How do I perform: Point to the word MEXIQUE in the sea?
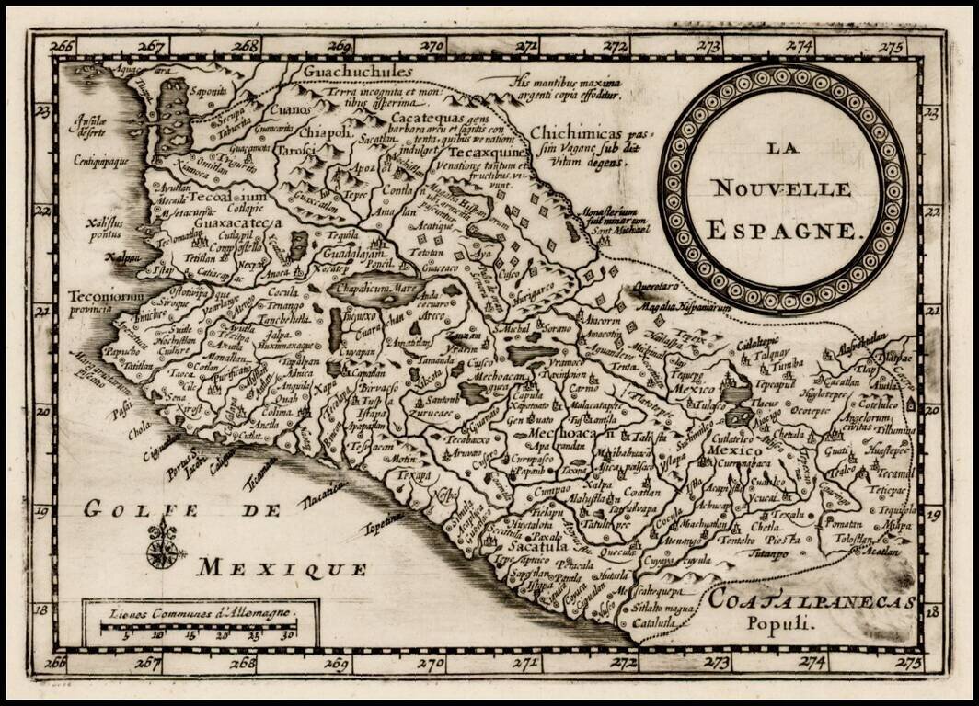pos(282,568)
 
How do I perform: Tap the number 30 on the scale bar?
pos(287,633)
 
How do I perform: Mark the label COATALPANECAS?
pos(812,602)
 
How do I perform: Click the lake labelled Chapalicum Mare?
pos(375,287)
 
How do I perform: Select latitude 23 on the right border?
pos(932,113)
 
